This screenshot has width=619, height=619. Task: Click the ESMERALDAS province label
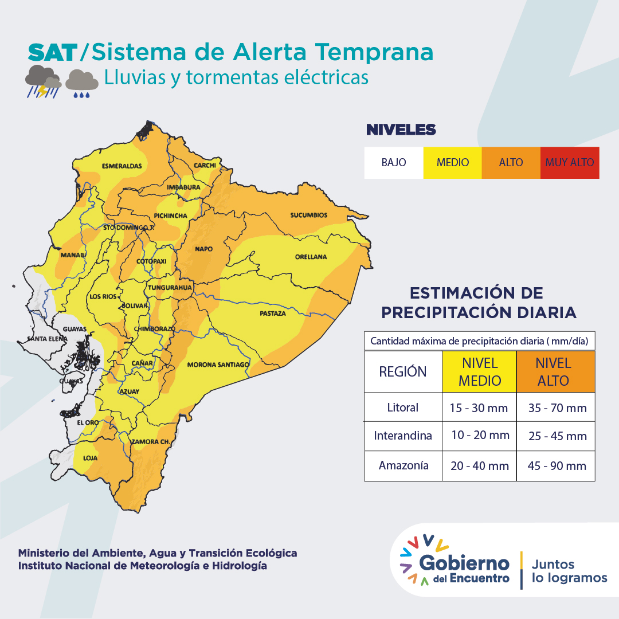tap(122, 166)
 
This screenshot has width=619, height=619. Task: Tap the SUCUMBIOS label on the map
tap(308, 216)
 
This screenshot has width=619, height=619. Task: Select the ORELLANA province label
tap(311, 257)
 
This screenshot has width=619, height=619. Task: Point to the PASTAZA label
tap(272, 314)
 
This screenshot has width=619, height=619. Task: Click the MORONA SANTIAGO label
tap(218, 365)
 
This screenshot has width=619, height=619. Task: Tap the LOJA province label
tap(91, 459)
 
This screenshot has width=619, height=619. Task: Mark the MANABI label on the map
tap(73, 254)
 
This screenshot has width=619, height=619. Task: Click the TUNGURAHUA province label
tap(170, 288)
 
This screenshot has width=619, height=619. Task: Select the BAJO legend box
tap(394, 163)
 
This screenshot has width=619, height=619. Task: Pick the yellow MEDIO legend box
tap(452, 163)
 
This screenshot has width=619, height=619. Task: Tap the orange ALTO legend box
tap(511, 163)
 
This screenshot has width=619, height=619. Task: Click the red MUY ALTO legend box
tap(570, 163)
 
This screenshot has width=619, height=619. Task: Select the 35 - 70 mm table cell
tap(557, 408)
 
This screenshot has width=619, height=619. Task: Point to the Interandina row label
tap(403, 436)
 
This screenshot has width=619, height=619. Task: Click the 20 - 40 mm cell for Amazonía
tap(479, 466)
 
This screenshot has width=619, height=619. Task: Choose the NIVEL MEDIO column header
tap(479, 371)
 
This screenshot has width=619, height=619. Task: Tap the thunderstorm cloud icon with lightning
tap(43, 81)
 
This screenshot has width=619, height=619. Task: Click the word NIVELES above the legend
tap(401, 130)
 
